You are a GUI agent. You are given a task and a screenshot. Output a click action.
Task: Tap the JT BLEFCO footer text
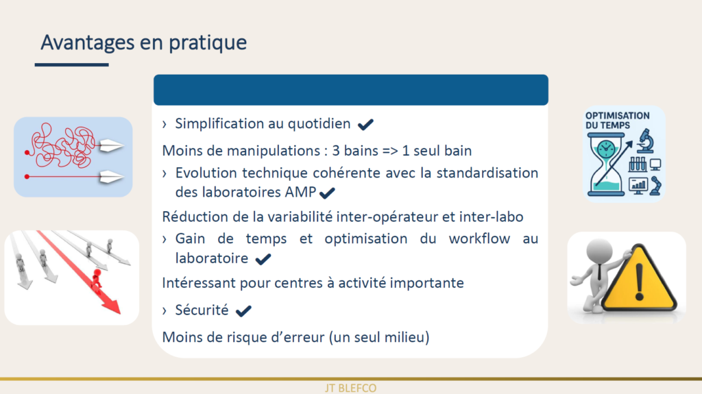tap(350, 389)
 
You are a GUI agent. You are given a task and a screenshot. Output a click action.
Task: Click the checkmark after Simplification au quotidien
tap(365, 125)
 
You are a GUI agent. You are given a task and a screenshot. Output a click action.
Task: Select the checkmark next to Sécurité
tap(243, 310)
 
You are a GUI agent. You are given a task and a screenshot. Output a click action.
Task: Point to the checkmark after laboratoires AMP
tap(327, 193)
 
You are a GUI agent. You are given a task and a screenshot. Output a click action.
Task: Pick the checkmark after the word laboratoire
tap(263, 259)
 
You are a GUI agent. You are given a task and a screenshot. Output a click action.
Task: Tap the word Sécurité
tap(202, 310)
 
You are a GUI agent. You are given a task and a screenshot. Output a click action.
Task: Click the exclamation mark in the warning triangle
tap(640, 281)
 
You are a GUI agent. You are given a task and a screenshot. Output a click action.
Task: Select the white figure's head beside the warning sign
tap(599, 251)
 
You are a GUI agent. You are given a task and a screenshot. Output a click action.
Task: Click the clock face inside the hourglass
tap(606, 149)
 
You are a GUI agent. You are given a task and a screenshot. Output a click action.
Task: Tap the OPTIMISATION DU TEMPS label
tap(617, 121)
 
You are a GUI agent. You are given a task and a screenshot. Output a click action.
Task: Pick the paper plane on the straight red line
tap(110, 177)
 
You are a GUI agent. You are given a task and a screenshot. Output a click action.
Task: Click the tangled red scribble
tap(62, 146)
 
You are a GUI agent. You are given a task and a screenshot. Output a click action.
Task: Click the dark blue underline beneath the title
tap(71, 65)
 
